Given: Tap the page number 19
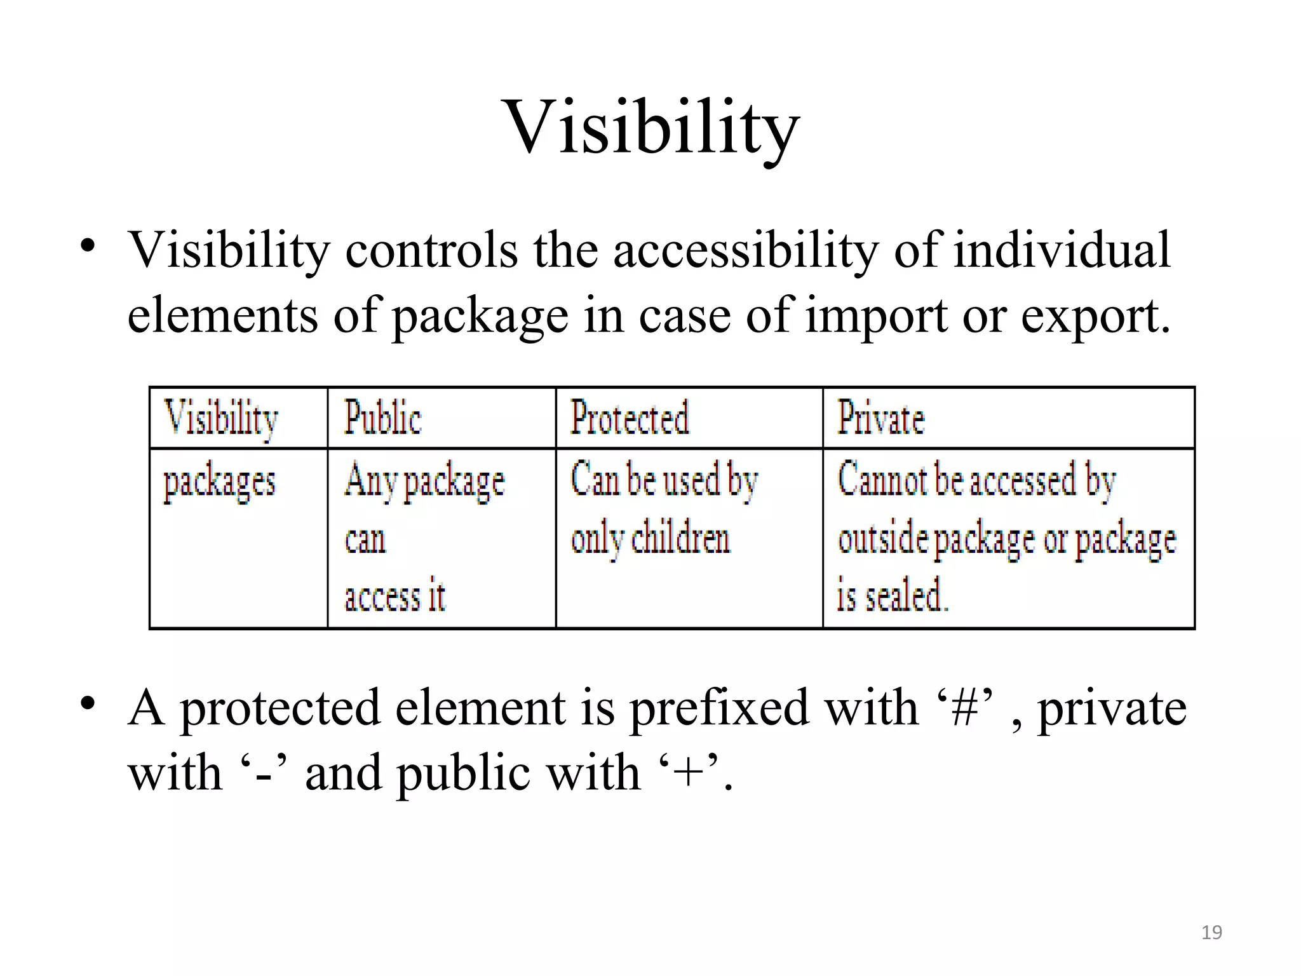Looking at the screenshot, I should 1211,932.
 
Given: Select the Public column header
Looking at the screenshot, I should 382,418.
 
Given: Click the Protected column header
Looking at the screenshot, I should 630,418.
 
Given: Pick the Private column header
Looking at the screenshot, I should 880,418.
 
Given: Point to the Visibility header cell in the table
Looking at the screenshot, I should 221,418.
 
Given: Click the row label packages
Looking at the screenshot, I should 220,483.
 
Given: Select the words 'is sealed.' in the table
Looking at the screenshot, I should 892,595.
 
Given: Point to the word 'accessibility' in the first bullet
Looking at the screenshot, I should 746,250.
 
